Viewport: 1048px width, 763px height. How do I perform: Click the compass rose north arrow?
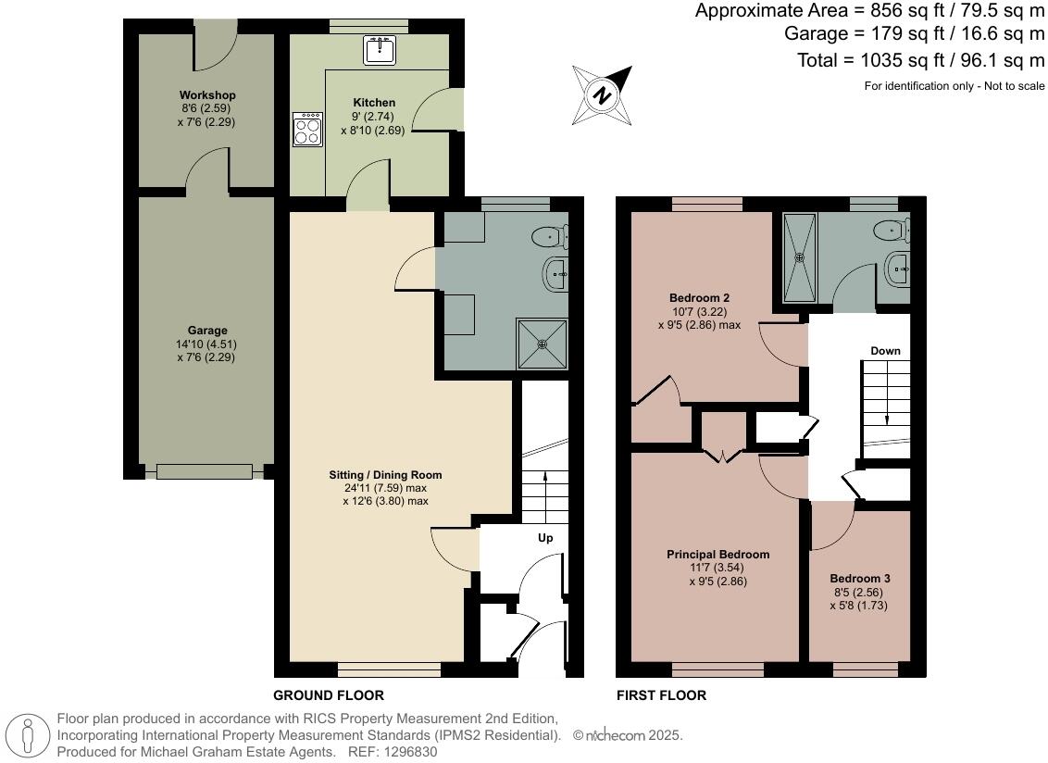[604, 95]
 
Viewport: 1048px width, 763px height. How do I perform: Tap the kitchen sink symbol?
[380, 50]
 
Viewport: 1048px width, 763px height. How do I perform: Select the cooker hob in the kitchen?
[306, 129]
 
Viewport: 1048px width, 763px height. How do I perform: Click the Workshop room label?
[207, 95]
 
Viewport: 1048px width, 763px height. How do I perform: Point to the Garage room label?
[206, 331]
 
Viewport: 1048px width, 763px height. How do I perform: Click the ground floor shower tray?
[543, 344]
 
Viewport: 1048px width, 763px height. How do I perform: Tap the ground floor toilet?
[550, 238]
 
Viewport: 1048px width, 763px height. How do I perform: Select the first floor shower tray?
[801, 256]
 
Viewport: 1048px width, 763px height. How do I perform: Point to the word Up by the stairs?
[545, 538]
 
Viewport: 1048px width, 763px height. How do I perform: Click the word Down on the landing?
[885, 351]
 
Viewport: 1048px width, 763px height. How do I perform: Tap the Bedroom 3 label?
[860, 579]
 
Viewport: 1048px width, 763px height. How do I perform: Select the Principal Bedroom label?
[717, 555]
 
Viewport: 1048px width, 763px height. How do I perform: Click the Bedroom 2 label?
[699, 298]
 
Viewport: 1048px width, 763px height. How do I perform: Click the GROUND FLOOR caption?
[328, 695]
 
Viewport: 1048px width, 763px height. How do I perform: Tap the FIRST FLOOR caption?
[661, 695]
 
